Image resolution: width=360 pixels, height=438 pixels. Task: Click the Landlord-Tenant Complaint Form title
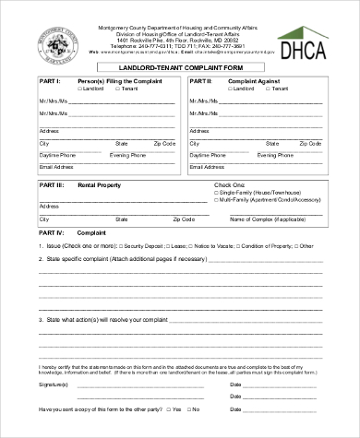tap(178, 67)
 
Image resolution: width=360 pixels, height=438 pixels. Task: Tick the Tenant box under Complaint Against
tap(257, 89)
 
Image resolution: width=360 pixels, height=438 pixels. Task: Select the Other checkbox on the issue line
tap(296, 246)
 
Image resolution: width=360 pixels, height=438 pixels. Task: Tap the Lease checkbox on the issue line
tap(166, 246)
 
